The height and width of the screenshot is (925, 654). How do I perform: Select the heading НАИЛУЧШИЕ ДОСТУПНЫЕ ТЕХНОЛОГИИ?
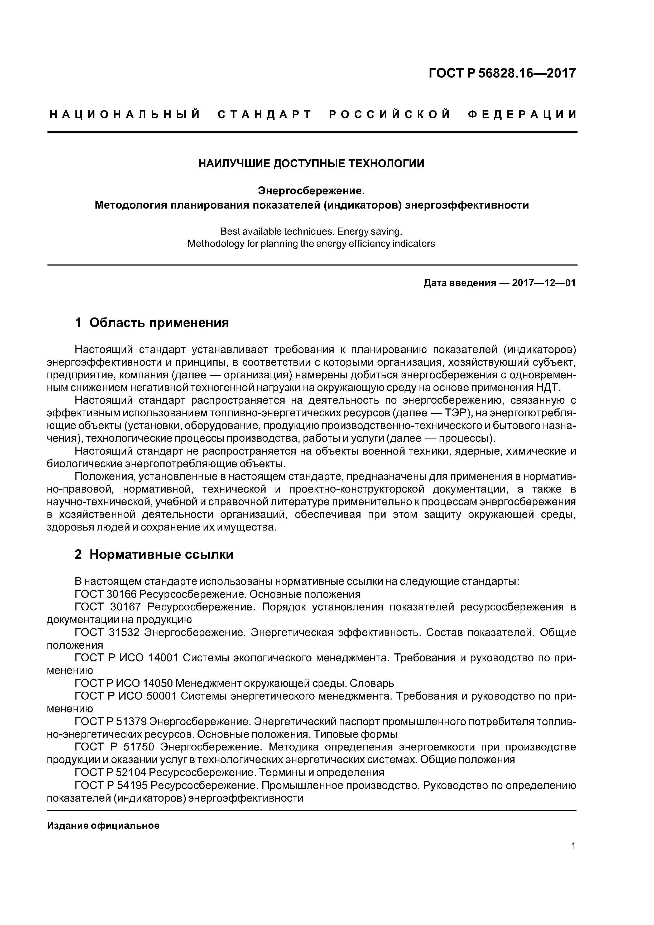311,163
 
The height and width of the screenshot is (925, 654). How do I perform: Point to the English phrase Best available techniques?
277,232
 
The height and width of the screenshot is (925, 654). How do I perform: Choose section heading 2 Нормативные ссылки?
154,554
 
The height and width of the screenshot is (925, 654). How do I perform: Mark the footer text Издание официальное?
103,826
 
